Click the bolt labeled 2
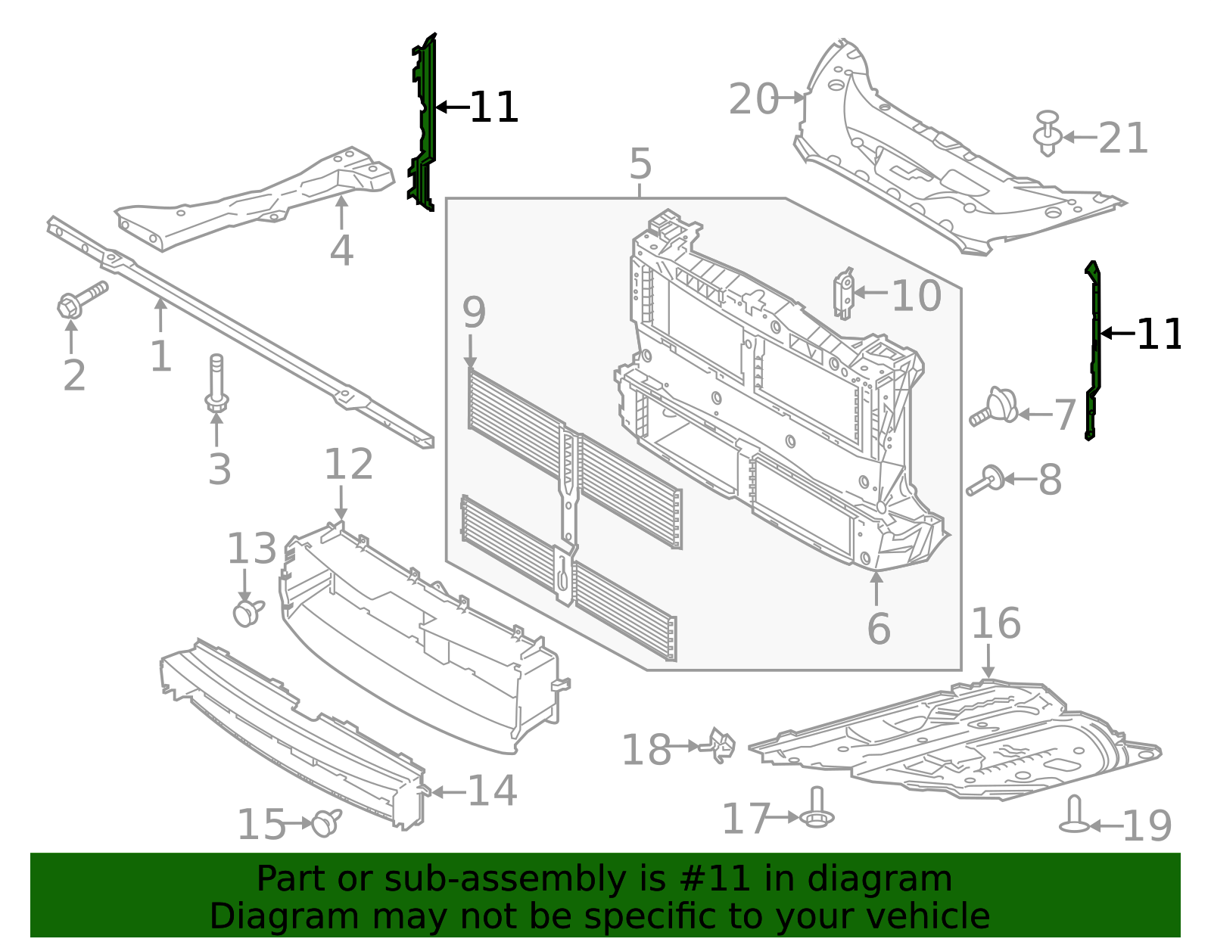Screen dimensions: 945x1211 coord(80,300)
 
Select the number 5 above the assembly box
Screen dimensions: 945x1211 coord(640,164)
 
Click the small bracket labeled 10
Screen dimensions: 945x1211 coord(844,293)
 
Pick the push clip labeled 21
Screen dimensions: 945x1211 coord(1047,134)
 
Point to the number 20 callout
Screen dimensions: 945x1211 coord(754,100)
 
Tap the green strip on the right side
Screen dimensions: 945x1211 coord(1093,352)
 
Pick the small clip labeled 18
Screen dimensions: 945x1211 coord(721,745)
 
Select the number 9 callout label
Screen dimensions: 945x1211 coord(474,312)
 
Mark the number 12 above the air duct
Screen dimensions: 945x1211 coord(348,465)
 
